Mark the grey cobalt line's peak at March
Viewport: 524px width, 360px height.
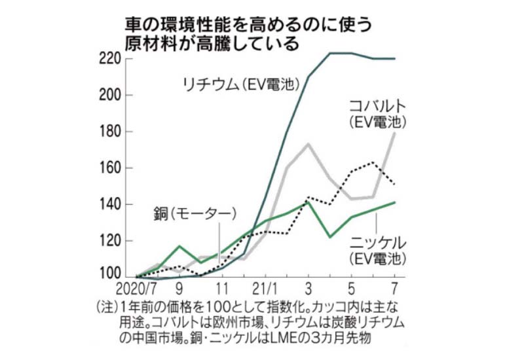point(307,143)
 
